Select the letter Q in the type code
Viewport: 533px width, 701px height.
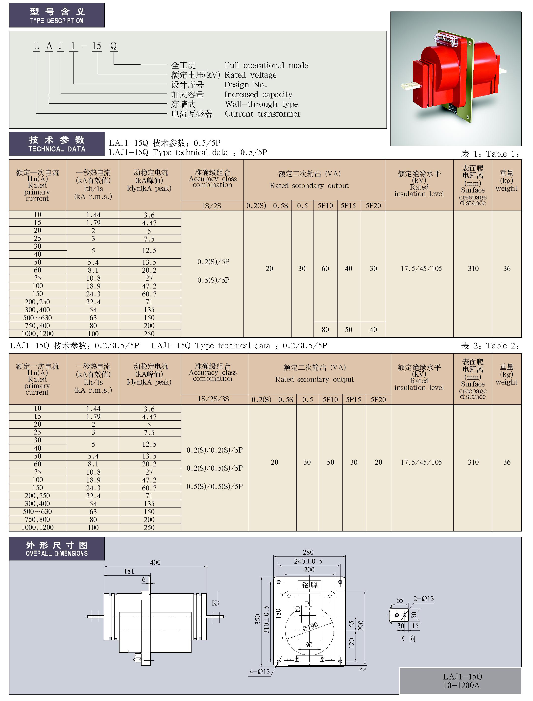pos(113,46)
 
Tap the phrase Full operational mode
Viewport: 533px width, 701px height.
pos(266,65)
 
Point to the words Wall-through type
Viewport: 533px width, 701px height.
pos(261,104)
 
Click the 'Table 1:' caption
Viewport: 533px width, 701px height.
pos(503,154)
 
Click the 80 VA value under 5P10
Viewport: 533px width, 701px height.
pos(325,330)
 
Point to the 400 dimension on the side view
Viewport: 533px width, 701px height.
pos(155,563)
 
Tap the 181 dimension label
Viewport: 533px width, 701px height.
pos(129,571)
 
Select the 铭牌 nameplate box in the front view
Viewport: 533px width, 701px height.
pos(309,585)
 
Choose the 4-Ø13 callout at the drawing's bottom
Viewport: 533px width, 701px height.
pos(260,672)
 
